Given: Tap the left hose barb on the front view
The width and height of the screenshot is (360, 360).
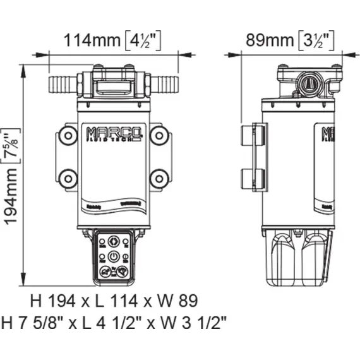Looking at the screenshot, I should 62,83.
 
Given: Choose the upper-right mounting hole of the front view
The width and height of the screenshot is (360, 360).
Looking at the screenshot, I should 160,134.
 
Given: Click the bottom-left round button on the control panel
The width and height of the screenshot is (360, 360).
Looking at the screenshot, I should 105,274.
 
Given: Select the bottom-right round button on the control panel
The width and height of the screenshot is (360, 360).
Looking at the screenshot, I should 124,274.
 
